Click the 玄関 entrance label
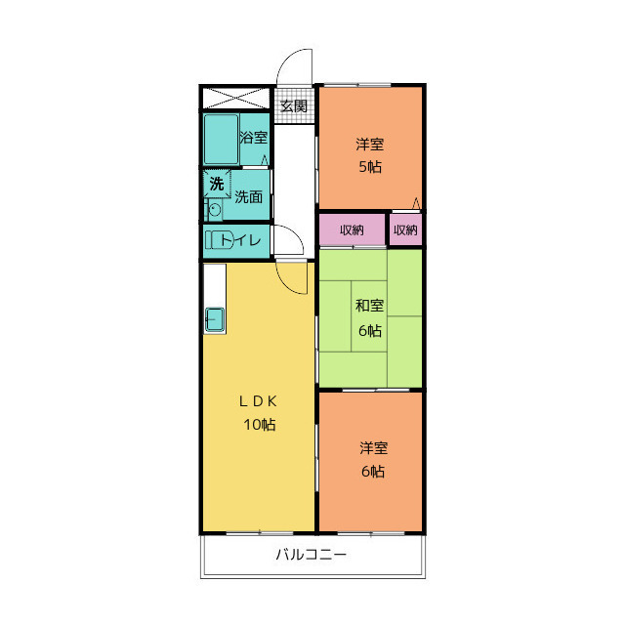tap(294, 106)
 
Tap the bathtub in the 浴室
tap(222, 140)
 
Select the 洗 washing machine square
tap(217, 184)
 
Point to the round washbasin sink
tap(215, 210)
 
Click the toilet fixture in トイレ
tap(219, 240)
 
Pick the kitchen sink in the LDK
tap(215, 320)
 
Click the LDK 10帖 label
tap(259, 413)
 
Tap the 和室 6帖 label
tap(369, 317)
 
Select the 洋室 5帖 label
tap(370, 155)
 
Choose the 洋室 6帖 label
tap(373, 460)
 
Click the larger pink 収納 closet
tap(353, 230)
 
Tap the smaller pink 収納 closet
tap(405, 230)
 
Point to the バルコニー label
tap(312, 555)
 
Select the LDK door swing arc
tap(287, 284)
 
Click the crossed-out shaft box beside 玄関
tap(236, 98)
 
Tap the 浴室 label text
tap(253, 138)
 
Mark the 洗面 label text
tap(248, 196)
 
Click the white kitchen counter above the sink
tap(215, 285)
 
